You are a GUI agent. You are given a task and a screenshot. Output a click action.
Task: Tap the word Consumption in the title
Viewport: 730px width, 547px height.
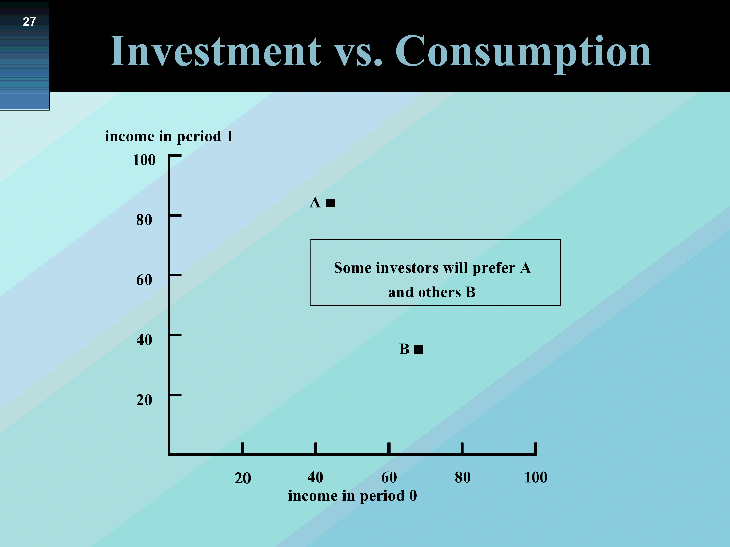tap(523, 53)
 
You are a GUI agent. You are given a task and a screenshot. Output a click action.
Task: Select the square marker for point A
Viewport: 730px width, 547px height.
tap(330, 203)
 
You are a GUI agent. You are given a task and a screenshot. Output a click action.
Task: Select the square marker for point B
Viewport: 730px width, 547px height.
tap(419, 350)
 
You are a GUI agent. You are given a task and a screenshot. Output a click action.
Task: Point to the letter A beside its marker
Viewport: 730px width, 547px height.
tap(315, 203)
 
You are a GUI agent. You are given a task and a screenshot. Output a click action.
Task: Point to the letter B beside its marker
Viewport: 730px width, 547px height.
tap(404, 349)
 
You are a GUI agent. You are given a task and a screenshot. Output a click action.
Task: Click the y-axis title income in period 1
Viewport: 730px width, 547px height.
tap(169, 136)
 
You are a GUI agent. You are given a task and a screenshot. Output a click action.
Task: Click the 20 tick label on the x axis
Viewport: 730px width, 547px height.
tap(243, 478)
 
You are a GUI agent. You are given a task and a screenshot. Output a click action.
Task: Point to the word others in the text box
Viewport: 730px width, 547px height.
tap(440, 292)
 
